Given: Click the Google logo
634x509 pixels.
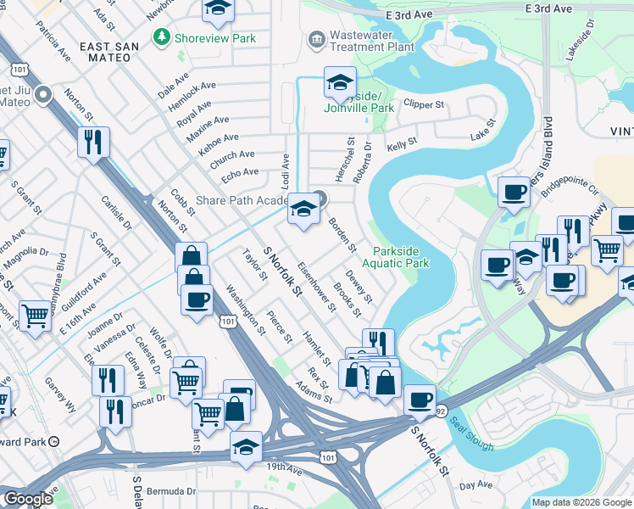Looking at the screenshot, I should coord(28,499).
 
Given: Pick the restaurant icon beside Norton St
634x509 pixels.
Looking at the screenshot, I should coord(92,141).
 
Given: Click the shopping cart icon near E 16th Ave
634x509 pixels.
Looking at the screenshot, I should coord(36,316).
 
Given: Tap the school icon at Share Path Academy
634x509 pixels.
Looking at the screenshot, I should coord(303,209).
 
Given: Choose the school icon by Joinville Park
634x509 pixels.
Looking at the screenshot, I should coord(339,81).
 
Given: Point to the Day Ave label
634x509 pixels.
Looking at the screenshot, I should coord(475,485).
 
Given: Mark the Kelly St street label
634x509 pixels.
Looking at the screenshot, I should coord(402,148).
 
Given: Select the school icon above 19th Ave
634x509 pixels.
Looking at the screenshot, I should coord(246,446).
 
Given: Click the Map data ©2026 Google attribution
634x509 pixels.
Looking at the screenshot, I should coord(581,502).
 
